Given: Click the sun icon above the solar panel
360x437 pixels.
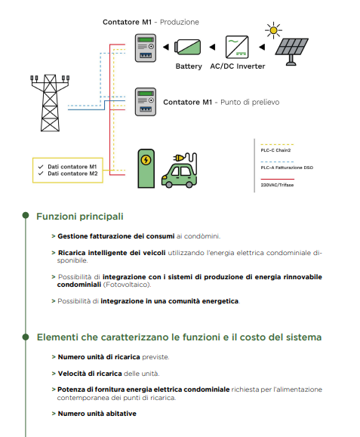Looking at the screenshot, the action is tap(273, 30).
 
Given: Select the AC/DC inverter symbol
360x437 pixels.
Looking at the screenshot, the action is tap(237, 47).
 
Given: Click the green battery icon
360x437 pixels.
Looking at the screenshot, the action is tap(187, 47).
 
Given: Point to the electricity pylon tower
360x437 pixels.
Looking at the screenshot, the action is tap(50, 103).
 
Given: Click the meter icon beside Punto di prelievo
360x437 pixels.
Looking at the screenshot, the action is tap(146, 102).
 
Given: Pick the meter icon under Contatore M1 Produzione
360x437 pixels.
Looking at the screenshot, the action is tap(146, 48).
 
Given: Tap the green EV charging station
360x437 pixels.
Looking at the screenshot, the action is tap(146, 168).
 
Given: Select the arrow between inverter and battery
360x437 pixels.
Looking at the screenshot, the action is tap(212, 47).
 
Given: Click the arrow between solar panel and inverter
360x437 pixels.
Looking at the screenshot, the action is tap(262, 47).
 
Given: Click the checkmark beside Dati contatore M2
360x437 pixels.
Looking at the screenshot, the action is tap(41, 174).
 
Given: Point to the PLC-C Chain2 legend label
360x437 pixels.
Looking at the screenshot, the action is tap(275, 150).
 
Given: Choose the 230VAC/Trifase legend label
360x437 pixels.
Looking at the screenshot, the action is tap(277, 185).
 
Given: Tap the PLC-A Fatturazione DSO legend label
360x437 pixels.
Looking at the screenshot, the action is tap(287, 168).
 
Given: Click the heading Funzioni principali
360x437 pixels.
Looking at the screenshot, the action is tap(80, 217).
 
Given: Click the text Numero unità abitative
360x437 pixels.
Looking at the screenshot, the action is tap(97, 414).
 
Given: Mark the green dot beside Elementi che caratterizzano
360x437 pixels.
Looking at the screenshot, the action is tap(26, 337).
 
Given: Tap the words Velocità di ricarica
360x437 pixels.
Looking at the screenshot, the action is tap(90, 374).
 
